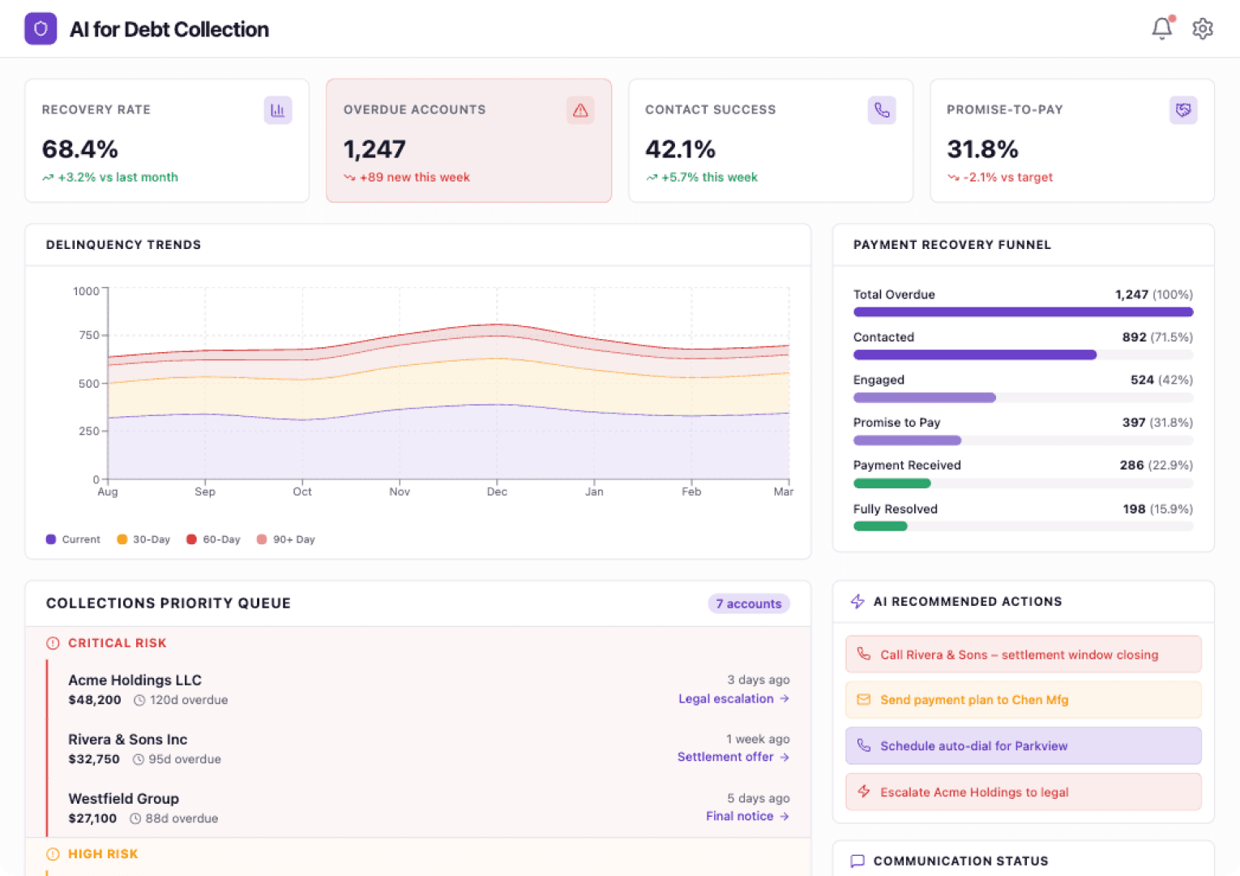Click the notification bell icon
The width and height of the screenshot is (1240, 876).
1161,28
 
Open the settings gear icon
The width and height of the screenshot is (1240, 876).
1203,28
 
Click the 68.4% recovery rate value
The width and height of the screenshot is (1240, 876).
80,149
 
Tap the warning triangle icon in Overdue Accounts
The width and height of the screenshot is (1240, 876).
580,110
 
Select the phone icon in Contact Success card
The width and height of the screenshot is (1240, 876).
882,110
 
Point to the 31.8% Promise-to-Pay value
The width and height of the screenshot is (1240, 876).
982,149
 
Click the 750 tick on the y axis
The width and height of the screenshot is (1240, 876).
89,335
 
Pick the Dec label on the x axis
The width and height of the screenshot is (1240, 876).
497,492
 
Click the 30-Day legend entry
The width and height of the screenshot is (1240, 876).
143,539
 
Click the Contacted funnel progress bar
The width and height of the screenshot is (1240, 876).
974,354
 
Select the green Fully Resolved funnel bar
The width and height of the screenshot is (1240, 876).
880,526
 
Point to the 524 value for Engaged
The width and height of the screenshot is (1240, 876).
1142,380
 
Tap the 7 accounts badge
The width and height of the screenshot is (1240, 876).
748,603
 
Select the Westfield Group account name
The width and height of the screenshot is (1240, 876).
123,799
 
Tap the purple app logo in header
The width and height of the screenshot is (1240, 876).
41,29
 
